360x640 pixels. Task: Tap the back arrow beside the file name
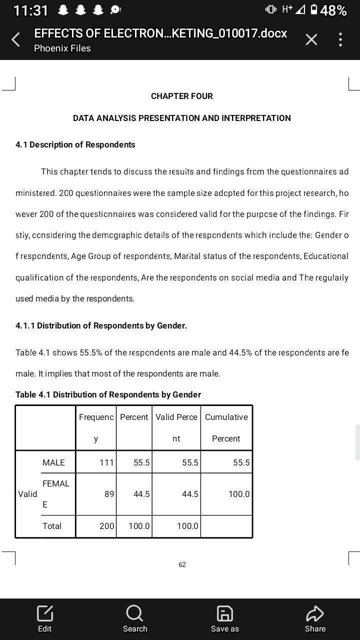pos(16,40)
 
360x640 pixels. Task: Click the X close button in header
pos(311,40)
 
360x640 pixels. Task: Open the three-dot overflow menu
pos(340,40)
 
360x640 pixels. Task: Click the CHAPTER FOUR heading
pos(181,96)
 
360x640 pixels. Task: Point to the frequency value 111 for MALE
pos(106,462)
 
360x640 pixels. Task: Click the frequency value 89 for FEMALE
pos(109,494)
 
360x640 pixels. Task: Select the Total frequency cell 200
pos(106,526)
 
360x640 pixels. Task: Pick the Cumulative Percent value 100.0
pos(239,494)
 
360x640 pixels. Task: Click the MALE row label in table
pos(53,462)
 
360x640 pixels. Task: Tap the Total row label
pos(52,526)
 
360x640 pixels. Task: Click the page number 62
pos(182,564)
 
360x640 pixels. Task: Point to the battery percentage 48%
pos(334,10)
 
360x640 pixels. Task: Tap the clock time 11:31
pos(31,10)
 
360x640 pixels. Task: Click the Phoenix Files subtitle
pos(62,48)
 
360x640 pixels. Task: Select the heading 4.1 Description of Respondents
pos(75,144)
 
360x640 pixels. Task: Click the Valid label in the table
pos(27,494)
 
